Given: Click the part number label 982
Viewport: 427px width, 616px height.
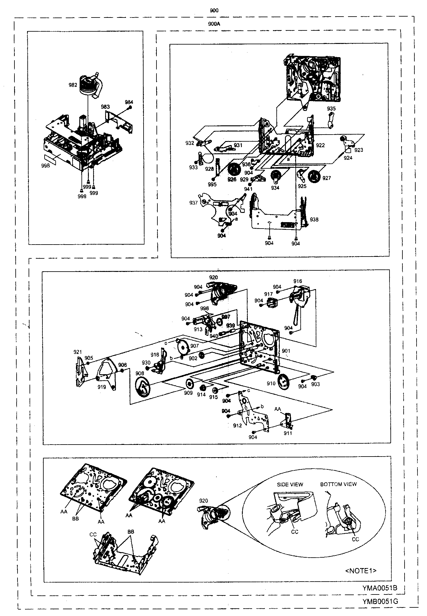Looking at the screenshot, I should [x=73, y=85].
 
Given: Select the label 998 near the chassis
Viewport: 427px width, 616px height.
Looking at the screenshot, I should [x=45, y=166].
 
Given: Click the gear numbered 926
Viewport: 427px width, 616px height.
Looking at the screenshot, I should [x=235, y=170].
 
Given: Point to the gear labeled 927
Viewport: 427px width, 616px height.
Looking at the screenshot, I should [x=315, y=177].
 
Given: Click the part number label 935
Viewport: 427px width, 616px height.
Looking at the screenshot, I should [x=331, y=109].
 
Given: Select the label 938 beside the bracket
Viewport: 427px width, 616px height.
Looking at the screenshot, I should [x=314, y=219].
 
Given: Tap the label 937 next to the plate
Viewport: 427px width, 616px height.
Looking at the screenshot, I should [x=193, y=203].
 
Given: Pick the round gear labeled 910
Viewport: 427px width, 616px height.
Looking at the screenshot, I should [x=284, y=381].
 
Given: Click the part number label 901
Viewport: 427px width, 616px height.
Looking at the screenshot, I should [x=286, y=351].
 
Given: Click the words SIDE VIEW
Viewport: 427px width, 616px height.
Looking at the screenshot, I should [x=290, y=485].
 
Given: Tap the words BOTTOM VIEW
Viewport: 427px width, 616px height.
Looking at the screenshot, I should [x=338, y=484].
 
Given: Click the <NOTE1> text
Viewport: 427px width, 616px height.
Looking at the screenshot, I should [x=361, y=571].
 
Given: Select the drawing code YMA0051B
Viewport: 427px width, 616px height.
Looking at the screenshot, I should [x=379, y=588].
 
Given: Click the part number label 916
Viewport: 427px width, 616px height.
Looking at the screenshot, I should [x=298, y=281].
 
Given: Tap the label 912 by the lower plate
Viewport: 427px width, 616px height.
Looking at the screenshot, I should [x=237, y=426].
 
